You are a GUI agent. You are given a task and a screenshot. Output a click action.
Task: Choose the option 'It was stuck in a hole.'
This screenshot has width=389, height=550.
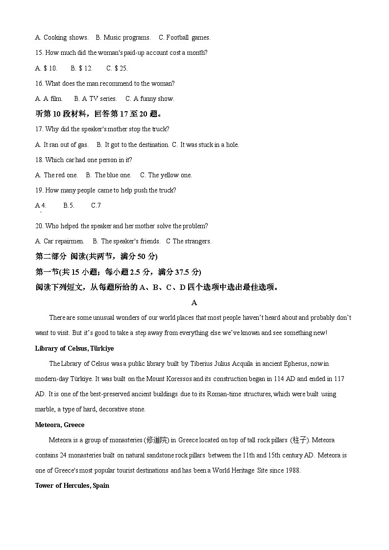(209, 144)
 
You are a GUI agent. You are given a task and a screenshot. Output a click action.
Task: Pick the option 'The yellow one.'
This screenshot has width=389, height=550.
(170, 175)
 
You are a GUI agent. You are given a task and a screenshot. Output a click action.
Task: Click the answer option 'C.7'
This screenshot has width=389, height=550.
(96, 205)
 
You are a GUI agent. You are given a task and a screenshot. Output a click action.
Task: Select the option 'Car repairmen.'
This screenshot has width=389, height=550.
(64, 241)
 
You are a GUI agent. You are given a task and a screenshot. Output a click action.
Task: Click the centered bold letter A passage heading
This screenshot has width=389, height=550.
(194, 303)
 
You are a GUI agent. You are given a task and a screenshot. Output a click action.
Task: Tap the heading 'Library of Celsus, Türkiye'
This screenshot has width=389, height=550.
(74, 348)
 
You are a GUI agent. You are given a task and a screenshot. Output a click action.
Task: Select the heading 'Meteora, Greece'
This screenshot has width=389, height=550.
(60, 425)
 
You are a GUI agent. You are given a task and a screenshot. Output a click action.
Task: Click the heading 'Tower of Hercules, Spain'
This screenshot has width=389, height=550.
(72, 485)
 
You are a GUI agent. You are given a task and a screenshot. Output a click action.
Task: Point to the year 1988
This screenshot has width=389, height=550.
(292, 470)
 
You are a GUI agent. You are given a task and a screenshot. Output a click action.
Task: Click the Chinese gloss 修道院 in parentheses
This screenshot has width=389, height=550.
(156, 440)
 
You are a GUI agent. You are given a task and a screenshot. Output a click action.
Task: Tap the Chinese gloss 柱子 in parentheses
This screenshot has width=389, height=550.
(299, 440)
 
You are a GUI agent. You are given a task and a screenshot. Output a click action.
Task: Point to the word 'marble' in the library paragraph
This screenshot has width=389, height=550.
(45, 409)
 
